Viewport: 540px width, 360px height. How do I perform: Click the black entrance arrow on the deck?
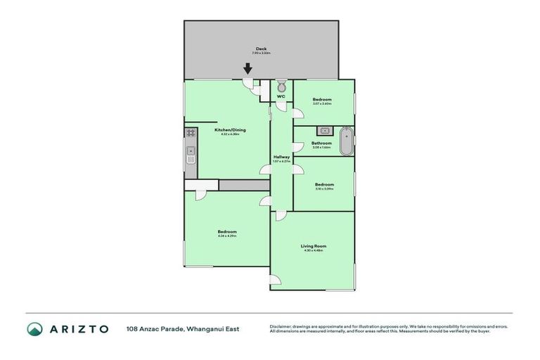[247, 69]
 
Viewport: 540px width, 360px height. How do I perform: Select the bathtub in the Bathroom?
[345, 141]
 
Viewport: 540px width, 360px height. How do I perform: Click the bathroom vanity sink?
[324, 130]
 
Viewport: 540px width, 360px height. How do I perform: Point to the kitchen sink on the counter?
[191, 154]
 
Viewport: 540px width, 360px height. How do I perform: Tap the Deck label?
[261, 49]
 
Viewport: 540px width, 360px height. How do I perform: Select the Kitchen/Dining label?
[230, 130]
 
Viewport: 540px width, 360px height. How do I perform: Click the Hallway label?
[281, 157]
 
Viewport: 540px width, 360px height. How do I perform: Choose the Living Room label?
[313, 246]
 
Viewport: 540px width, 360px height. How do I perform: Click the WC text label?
[281, 96]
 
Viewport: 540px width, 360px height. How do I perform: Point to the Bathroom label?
[322, 143]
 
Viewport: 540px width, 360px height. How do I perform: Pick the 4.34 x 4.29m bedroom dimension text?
[226, 236]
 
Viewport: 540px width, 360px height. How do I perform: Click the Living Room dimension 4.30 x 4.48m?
[313, 251]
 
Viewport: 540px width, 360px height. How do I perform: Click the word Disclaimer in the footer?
[281, 326]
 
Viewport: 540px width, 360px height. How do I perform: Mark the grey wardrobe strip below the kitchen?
[244, 185]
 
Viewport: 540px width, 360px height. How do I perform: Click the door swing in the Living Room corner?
[276, 282]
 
